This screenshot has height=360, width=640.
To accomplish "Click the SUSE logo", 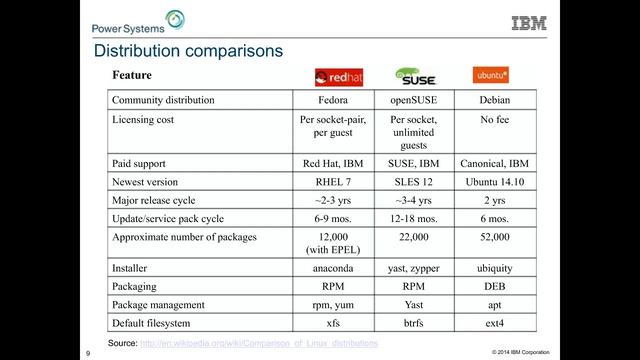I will (414, 76).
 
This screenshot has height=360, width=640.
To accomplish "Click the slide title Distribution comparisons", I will (187, 50).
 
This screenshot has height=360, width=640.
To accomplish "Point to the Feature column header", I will (132, 76).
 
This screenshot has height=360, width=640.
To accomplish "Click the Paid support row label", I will (139, 163).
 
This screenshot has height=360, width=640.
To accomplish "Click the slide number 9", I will (89, 352).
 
